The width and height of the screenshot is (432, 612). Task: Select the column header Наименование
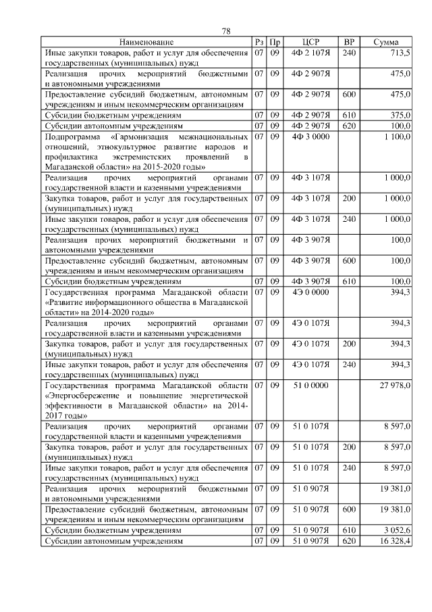tap(146, 43)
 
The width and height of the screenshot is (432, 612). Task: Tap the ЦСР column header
tap(310, 43)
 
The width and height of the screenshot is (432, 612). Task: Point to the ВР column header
tap(349, 43)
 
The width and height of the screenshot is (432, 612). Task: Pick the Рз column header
tap(259, 43)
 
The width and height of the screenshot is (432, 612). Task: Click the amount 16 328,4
tap(394, 542)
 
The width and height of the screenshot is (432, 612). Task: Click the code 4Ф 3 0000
tap(310, 137)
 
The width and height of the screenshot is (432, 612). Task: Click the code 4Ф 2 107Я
tap(310, 53)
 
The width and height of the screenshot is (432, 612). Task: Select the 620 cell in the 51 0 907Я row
tap(349, 542)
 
